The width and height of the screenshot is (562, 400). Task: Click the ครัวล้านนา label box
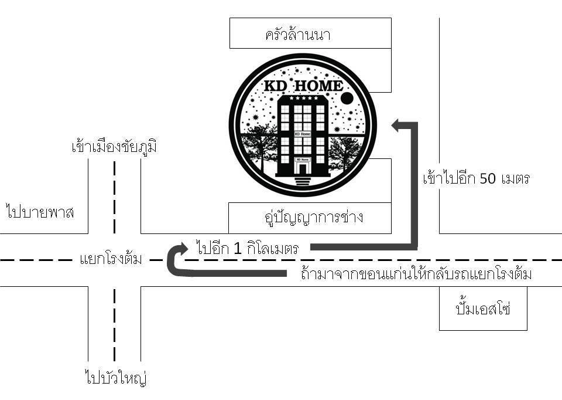310,33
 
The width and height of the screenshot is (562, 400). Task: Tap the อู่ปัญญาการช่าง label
310,218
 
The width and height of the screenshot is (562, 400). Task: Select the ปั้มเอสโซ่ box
483,309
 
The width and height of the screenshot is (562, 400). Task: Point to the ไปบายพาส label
40,211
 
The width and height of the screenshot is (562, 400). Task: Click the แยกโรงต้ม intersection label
111,259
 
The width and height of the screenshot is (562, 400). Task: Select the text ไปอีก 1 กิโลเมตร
248,248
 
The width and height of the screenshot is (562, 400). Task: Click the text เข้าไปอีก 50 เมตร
475,178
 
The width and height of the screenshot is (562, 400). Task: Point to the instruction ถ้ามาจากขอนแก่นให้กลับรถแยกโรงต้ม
416,274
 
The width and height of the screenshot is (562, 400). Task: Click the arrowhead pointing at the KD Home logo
396,124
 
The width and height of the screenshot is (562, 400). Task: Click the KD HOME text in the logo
303,86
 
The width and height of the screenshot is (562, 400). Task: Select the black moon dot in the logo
347,97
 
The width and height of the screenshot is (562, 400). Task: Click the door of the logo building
303,168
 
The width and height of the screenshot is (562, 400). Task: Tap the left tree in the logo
262,147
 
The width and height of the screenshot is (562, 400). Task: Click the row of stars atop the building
303,99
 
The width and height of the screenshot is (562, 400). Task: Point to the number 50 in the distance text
488,178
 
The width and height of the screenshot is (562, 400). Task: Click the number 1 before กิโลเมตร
237,249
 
